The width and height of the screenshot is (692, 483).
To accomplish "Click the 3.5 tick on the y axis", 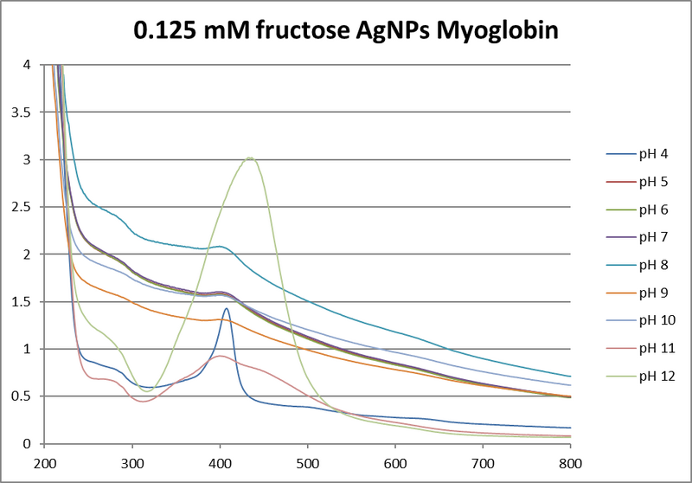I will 18,112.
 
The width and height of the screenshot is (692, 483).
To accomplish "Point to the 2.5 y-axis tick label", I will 18,207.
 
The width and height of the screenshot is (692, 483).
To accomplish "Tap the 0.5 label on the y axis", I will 18,396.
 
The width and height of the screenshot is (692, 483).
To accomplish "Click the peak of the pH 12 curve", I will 250,158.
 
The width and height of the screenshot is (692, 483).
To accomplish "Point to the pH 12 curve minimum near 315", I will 145,391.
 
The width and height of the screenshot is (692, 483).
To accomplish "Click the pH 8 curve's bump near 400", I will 221,247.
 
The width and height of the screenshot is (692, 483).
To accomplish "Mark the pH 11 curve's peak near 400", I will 220,356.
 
